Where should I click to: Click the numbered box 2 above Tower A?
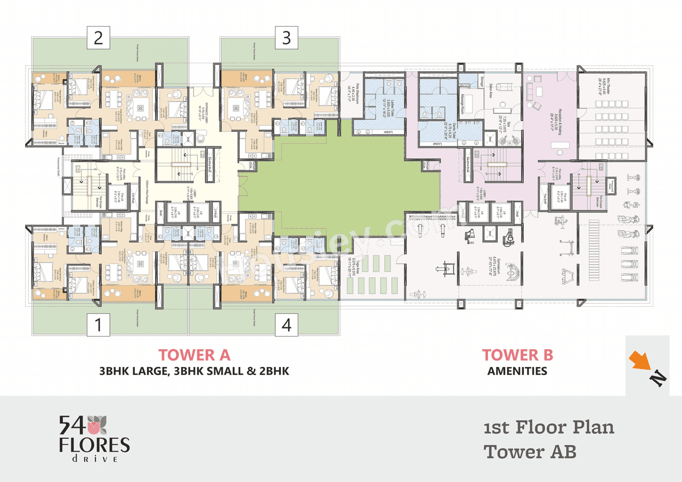coord(99,38)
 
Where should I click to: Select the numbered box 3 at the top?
coord(287,38)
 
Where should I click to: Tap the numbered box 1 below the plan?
coord(99,324)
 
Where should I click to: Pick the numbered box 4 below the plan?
coord(287,324)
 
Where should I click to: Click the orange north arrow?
coord(640,361)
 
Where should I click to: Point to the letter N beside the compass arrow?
coord(658,378)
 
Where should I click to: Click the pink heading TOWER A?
coord(194,355)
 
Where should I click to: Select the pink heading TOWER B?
coord(517,355)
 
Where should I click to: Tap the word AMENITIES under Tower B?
coord(517,371)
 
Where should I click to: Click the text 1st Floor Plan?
coord(549,427)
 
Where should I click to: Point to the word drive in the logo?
coord(94,459)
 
